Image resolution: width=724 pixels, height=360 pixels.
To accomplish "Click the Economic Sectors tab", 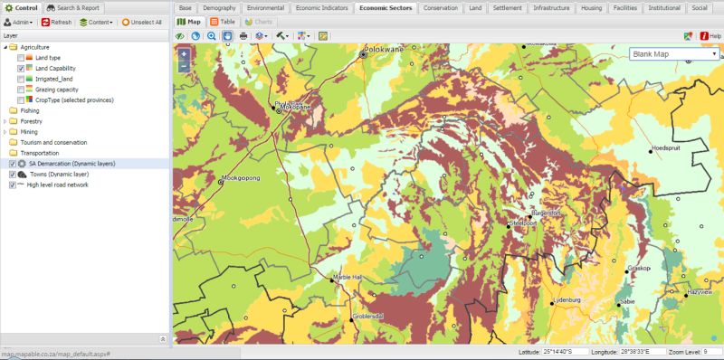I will [385, 7].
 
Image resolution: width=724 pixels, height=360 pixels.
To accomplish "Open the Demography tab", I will [219, 7].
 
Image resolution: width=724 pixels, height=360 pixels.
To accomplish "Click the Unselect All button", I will [141, 22].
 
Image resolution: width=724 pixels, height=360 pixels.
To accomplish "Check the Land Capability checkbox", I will [21, 69].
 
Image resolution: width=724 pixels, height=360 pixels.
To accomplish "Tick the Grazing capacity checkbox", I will [21, 90].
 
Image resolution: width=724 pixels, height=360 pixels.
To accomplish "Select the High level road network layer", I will [58, 185].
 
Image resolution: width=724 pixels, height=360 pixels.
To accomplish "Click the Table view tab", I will [226, 20].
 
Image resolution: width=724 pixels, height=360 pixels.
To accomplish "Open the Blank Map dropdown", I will [674, 54].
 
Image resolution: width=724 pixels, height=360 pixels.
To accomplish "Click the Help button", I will [710, 35].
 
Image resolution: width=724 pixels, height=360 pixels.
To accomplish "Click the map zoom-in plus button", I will [184, 54].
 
